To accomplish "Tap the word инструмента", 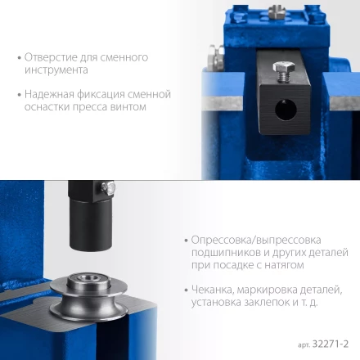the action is pyautogui.click(x=56, y=70).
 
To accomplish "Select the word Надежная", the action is pyautogui.click(x=49, y=94).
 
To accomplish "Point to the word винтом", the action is pyautogui.click(x=128, y=106).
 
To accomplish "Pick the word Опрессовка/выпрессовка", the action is pyautogui.click(x=256, y=241).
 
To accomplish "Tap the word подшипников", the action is pyautogui.click(x=226, y=253).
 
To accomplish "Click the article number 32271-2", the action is pyautogui.click(x=331, y=344).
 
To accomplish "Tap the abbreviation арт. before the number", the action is pyautogui.click(x=304, y=345).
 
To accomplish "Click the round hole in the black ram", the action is pyautogui.click(x=286, y=110).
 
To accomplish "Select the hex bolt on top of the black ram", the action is pyautogui.click(x=284, y=70).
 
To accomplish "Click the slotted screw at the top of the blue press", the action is pyautogui.click(x=277, y=11).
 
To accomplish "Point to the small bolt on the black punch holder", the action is pyautogui.click(x=108, y=187).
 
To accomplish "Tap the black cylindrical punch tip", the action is pyautogui.click(x=91, y=225).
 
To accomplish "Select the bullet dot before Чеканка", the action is pyautogui.click(x=187, y=290).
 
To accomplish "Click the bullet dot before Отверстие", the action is pyautogui.click(x=19, y=58).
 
